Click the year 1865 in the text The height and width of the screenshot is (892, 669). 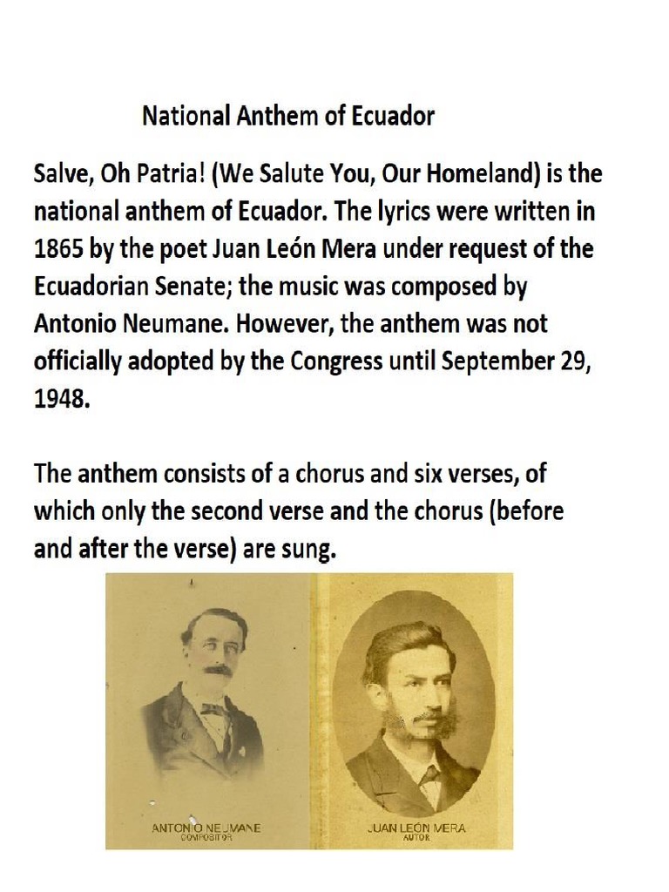click(x=59, y=249)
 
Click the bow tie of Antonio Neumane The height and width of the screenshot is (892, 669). click(x=214, y=710)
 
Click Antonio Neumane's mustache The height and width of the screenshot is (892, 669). click(x=218, y=670)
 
